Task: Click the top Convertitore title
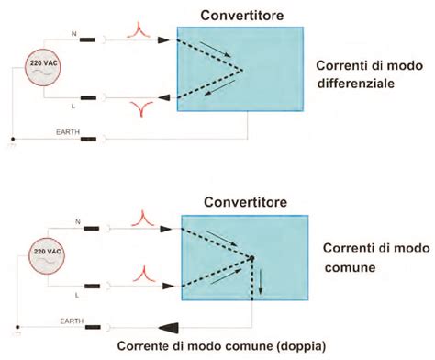[240, 12]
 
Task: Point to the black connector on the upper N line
[91, 40]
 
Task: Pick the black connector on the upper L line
[91, 98]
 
